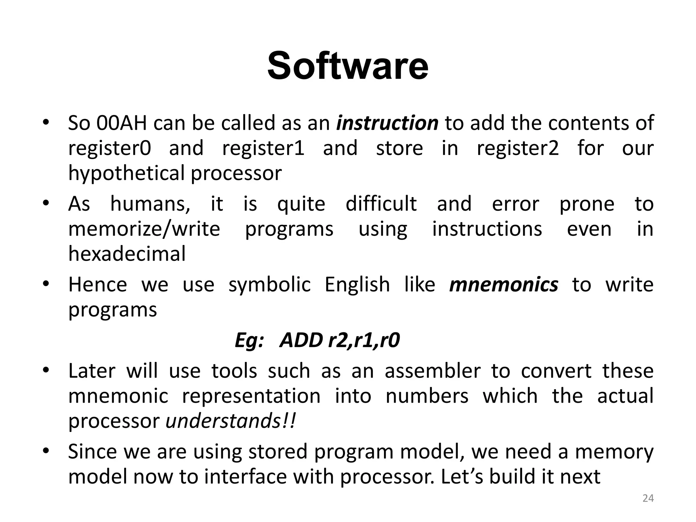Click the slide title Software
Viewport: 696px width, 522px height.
tap(348, 65)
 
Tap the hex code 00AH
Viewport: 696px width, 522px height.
tap(122, 123)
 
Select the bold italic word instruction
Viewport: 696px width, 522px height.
tap(387, 123)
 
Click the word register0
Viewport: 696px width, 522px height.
tap(109, 149)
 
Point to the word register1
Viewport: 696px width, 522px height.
tap(263, 149)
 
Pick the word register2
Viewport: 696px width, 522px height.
tap(518, 149)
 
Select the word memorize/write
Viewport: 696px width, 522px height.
tap(144, 229)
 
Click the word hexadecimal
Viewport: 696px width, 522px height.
tap(127, 254)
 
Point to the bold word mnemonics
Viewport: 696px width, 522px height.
tap(503, 285)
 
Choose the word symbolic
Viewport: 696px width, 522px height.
tap(269, 285)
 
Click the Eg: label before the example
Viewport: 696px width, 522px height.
tap(249, 341)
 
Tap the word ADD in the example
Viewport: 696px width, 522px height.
tap(301, 341)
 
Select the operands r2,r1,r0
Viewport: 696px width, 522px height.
tap(364, 341)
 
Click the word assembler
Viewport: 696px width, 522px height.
tap(433, 371)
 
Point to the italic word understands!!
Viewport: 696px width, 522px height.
tap(231, 421)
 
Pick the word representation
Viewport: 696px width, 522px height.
tap(251, 396)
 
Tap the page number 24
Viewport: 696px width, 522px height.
tap(648, 499)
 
